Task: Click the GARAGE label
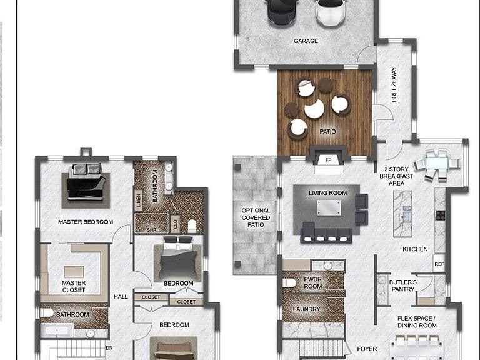click(306, 41)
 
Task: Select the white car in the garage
click(331, 12)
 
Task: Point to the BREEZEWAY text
click(394, 84)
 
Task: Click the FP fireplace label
click(328, 160)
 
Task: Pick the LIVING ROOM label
click(327, 193)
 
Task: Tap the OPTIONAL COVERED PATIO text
click(256, 217)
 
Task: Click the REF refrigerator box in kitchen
click(439, 264)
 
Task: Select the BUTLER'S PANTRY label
click(403, 286)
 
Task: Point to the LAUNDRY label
click(306, 309)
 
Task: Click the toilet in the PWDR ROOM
click(289, 283)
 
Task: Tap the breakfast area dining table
click(437, 162)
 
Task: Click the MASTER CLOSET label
click(74, 286)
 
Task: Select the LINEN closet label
click(138, 201)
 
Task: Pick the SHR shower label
click(151, 230)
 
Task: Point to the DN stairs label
click(109, 348)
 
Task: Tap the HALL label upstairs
click(121, 297)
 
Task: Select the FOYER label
click(367, 349)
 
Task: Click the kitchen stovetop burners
click(440, 215)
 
